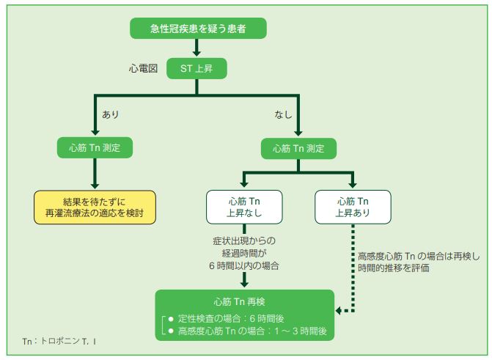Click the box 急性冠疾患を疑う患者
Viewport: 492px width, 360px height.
click(x=197, y=29)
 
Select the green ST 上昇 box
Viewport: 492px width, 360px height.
click(x=197, y=69)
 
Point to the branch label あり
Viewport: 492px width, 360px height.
click(x=111, y=115)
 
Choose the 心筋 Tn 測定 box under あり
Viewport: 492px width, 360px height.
click(x=95, y=147)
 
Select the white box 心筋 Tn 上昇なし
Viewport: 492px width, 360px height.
click(x=243, y=207)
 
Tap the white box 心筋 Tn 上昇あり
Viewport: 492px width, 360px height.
click(x=353, y=207)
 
